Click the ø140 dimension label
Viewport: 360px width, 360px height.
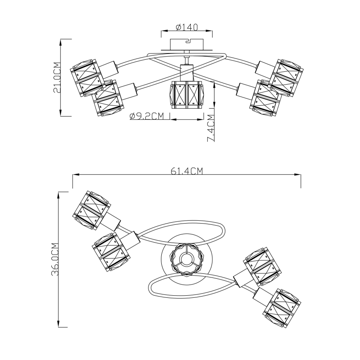pos(187,27)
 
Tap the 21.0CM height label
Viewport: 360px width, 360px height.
pos(57,78)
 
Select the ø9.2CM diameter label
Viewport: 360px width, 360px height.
pos(147,116)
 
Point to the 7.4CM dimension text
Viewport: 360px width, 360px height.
pos(211,128)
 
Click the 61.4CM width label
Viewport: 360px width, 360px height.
pos(187,171)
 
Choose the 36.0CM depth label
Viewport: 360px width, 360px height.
pos(55,259)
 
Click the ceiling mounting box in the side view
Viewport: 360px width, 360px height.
pos(187,44)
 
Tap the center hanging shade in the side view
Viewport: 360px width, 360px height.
pos(187,95)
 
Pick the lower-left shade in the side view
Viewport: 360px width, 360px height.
pos(108,98)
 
